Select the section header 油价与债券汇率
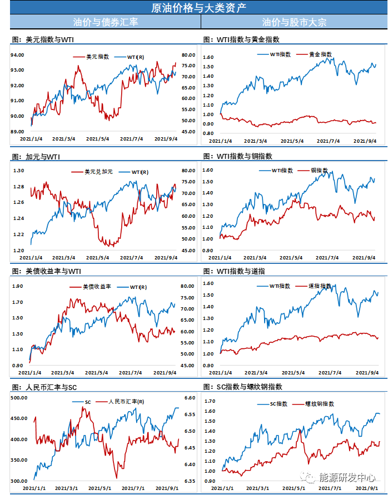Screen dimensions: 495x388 click(106, 22)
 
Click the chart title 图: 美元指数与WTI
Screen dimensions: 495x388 click(42, 40)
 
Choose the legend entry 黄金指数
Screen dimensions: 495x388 click(320, 54)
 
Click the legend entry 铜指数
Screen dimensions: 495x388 click(319, 170)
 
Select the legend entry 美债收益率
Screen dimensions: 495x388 click(97, 287)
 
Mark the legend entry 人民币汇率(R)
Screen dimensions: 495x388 click(126, 402)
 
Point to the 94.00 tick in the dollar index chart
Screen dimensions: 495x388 click(17, 55)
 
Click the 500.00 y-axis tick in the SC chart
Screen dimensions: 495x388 click(19, 398)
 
